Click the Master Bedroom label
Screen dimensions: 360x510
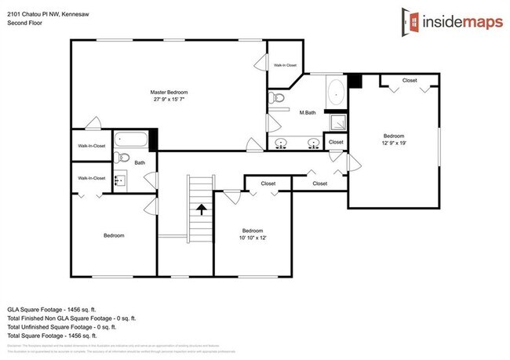point(169,93)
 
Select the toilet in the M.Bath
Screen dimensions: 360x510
point(275,99)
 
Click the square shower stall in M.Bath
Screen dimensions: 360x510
point(337,122)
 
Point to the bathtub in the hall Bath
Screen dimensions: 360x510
point(130,141)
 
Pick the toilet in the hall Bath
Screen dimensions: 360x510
point(120,158)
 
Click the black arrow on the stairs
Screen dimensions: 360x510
point(201,209)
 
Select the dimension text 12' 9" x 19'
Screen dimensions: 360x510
point(394,143)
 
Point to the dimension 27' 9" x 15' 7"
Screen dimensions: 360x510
point(169,100)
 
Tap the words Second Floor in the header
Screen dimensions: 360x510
point(25,23)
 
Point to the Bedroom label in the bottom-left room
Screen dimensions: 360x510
point(114,235)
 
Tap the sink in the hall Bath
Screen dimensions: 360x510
point(119,180)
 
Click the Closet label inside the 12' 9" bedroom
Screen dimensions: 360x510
point(409,81)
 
